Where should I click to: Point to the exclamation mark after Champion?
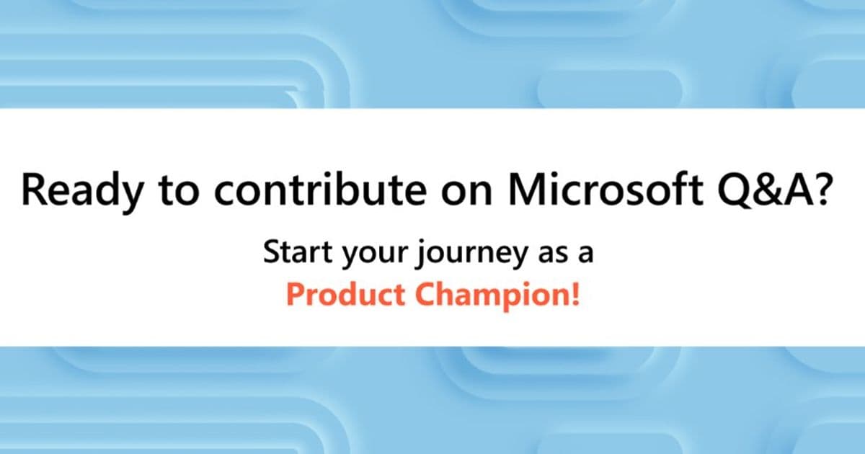tap(575, 295)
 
